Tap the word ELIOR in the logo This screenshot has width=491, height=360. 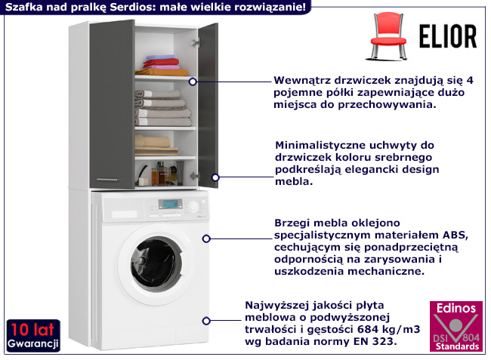(448, 35)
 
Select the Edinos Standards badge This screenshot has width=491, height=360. (455, 327)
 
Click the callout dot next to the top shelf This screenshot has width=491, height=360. (193, 81)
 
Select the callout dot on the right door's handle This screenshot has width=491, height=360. (214, 177)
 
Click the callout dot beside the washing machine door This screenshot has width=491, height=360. (205, 239)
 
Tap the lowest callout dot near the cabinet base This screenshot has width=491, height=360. (206, 319)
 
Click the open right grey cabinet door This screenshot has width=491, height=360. (208, 106)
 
